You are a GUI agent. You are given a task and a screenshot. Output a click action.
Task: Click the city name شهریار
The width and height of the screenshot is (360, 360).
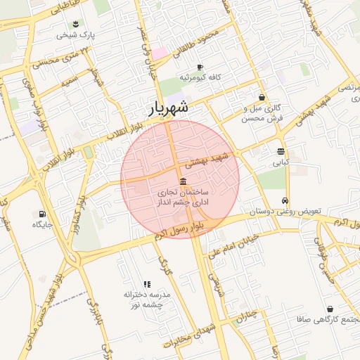(168, 108)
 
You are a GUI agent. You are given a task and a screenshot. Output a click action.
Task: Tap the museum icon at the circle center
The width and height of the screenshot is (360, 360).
(183, 181)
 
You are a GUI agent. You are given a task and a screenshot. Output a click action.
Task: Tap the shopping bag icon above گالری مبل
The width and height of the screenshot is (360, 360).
(262, 98)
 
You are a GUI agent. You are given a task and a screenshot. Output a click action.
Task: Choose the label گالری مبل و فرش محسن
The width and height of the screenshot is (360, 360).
(262, 113)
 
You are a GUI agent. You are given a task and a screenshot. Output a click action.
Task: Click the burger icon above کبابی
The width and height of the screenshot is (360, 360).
(281, 151)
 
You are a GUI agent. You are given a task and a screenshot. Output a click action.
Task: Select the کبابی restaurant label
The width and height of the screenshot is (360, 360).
(281, 162)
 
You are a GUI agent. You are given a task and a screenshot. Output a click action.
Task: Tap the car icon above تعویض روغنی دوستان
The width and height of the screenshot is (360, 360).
(285, 200)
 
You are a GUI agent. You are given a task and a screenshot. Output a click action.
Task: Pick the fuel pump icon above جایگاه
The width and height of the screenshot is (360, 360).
(42, 214)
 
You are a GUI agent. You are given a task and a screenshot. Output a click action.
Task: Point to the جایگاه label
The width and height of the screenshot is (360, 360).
(42, 224)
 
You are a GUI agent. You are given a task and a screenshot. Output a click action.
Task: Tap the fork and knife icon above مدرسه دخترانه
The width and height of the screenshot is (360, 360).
(146, 283)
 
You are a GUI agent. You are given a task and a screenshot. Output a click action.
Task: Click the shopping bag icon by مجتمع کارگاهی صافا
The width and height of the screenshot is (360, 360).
(330, 309)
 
